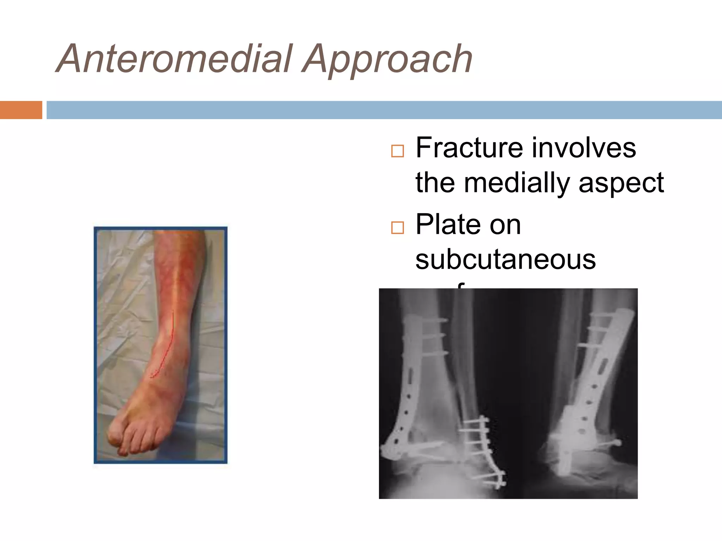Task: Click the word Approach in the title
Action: pyautogui.click(x=388, y=60)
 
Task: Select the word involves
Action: pyautogui.click(x=584, y=148)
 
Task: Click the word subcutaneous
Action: pyautogui.click(x=506, y=260)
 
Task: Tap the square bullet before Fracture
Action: pyautogui.click(x=397, y=151)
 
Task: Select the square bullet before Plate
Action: pyautogui.click(x=397, y=228)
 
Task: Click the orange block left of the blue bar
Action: pyautogui.click(x=21, y=110)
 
